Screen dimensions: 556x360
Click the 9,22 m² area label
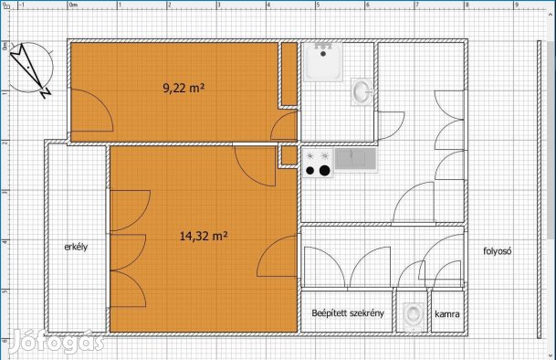184,88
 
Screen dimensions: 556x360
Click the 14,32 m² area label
204,236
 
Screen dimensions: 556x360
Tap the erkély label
76,247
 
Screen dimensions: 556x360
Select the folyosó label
498,251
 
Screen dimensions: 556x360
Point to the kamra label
447,313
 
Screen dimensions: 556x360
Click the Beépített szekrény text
348,313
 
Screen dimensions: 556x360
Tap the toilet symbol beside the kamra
414,316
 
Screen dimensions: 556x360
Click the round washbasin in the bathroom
362,91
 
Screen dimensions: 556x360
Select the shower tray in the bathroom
323,62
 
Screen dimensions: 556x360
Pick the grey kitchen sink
355,159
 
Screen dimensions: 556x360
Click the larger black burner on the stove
324,171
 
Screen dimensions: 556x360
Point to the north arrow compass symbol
30,69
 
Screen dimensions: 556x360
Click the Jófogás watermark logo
57,342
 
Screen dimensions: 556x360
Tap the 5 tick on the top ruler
318,5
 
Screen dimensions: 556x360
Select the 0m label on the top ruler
73,5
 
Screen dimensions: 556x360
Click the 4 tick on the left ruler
5,241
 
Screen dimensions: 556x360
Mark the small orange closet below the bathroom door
289,155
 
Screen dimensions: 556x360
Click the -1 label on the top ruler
21,5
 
